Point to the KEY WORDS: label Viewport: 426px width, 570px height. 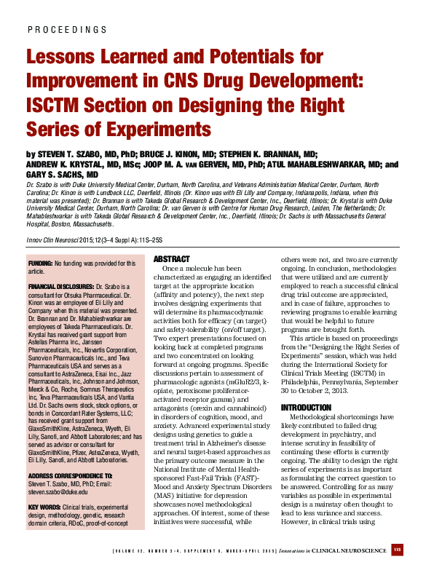coord(44,507)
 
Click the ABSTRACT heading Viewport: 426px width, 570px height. coord(172,259)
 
